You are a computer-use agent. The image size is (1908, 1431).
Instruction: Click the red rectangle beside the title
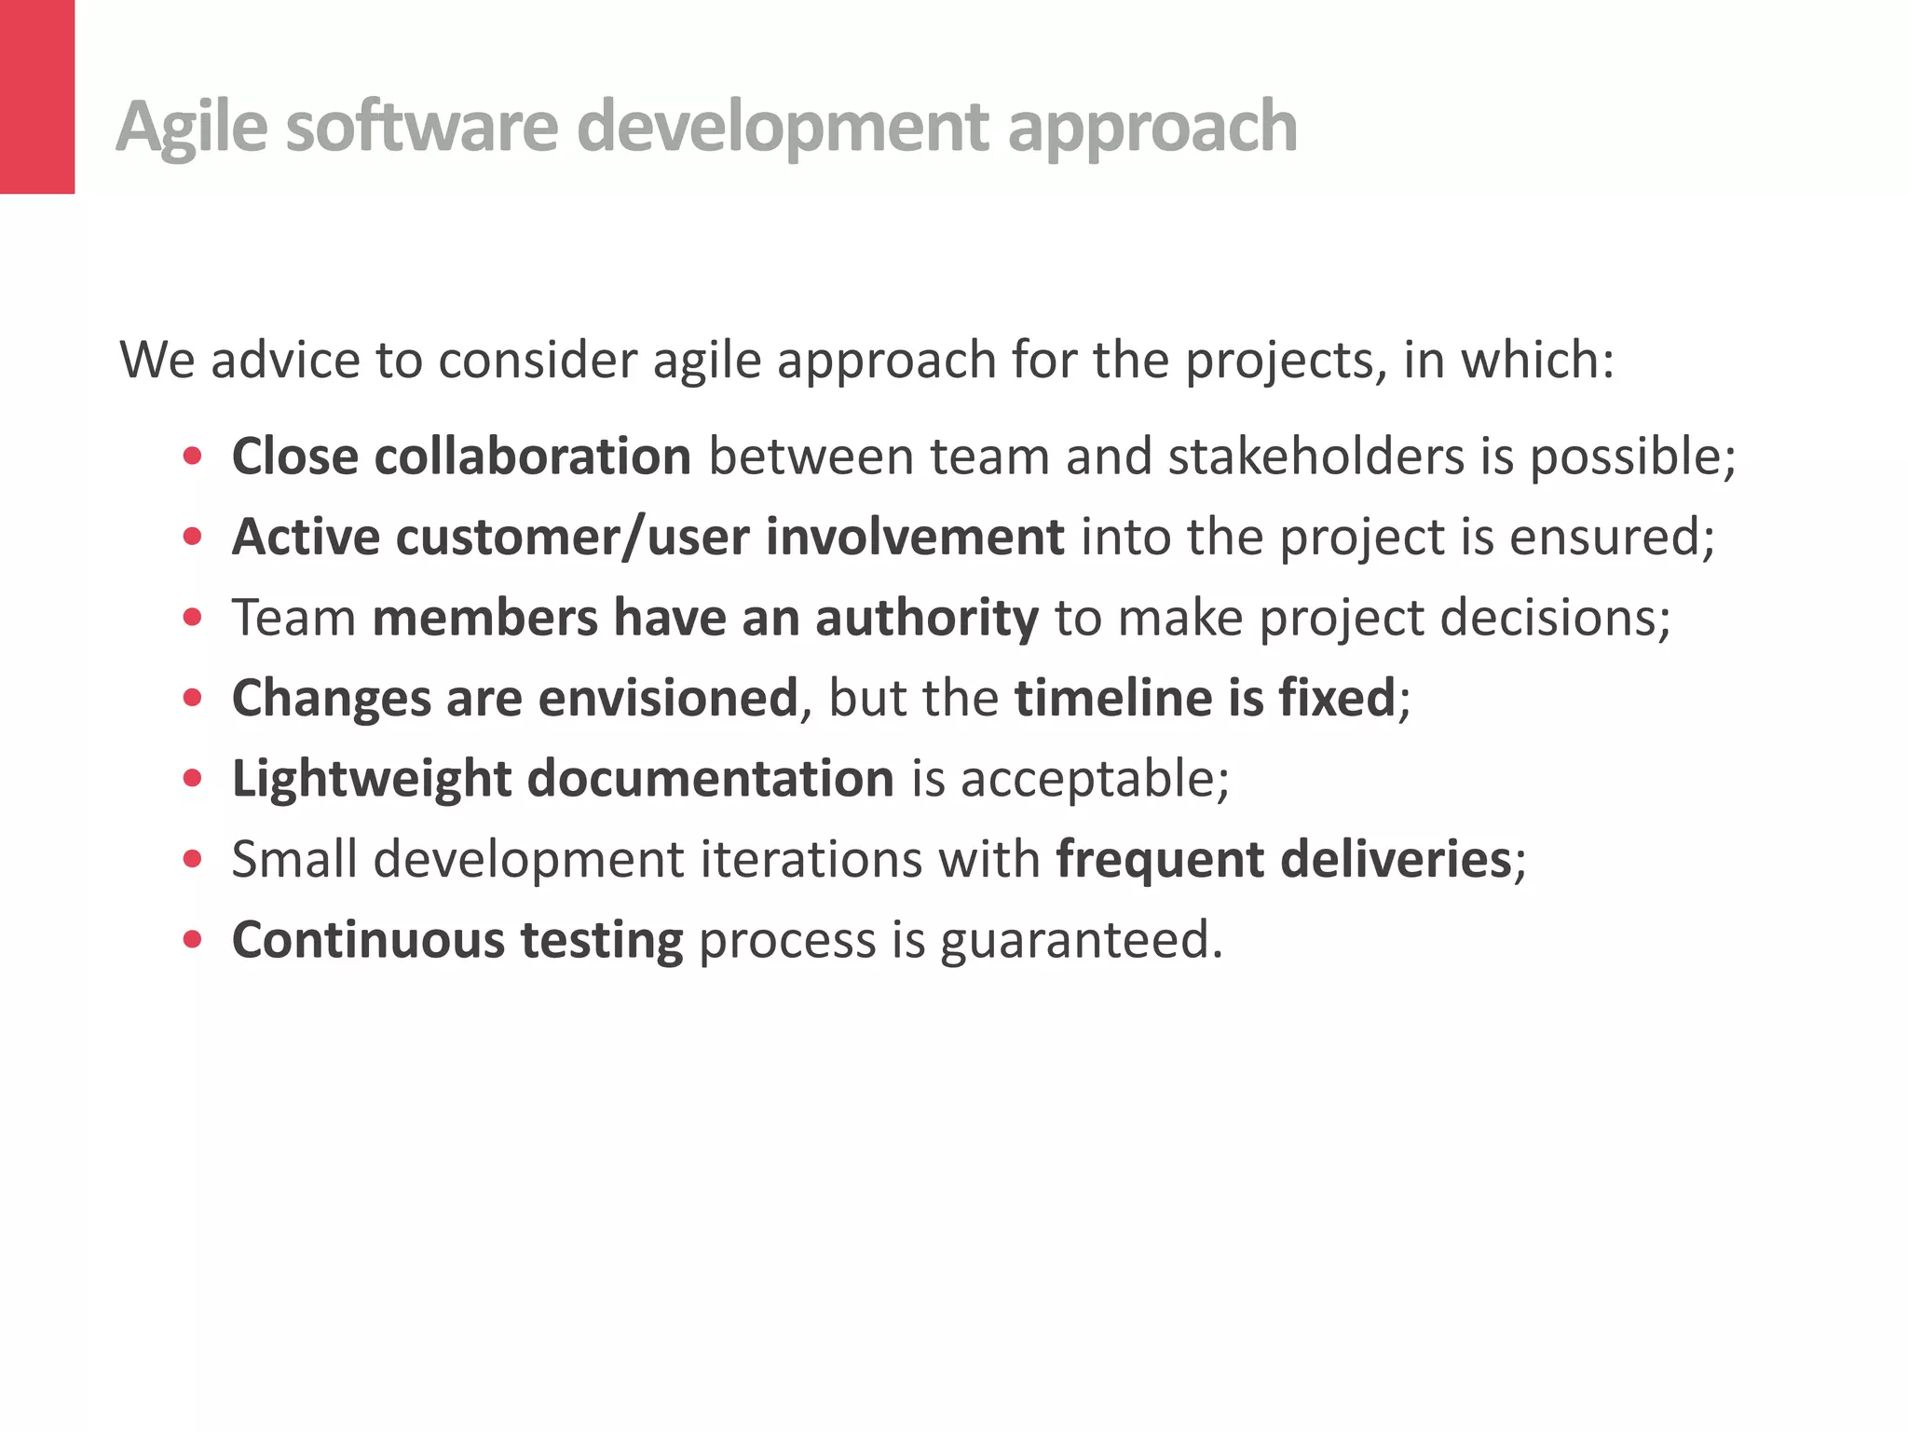click(37, 97)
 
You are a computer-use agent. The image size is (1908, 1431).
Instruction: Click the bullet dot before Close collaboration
click(193, 457)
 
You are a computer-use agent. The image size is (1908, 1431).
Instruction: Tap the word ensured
click(1612, 538)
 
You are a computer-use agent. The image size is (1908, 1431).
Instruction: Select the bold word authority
click(926, 619)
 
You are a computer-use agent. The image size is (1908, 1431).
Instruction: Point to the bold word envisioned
click(668, 699)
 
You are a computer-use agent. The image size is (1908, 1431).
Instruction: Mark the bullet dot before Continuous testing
click(193, 940)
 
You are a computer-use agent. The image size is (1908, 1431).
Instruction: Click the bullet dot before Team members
click(193, 618)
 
